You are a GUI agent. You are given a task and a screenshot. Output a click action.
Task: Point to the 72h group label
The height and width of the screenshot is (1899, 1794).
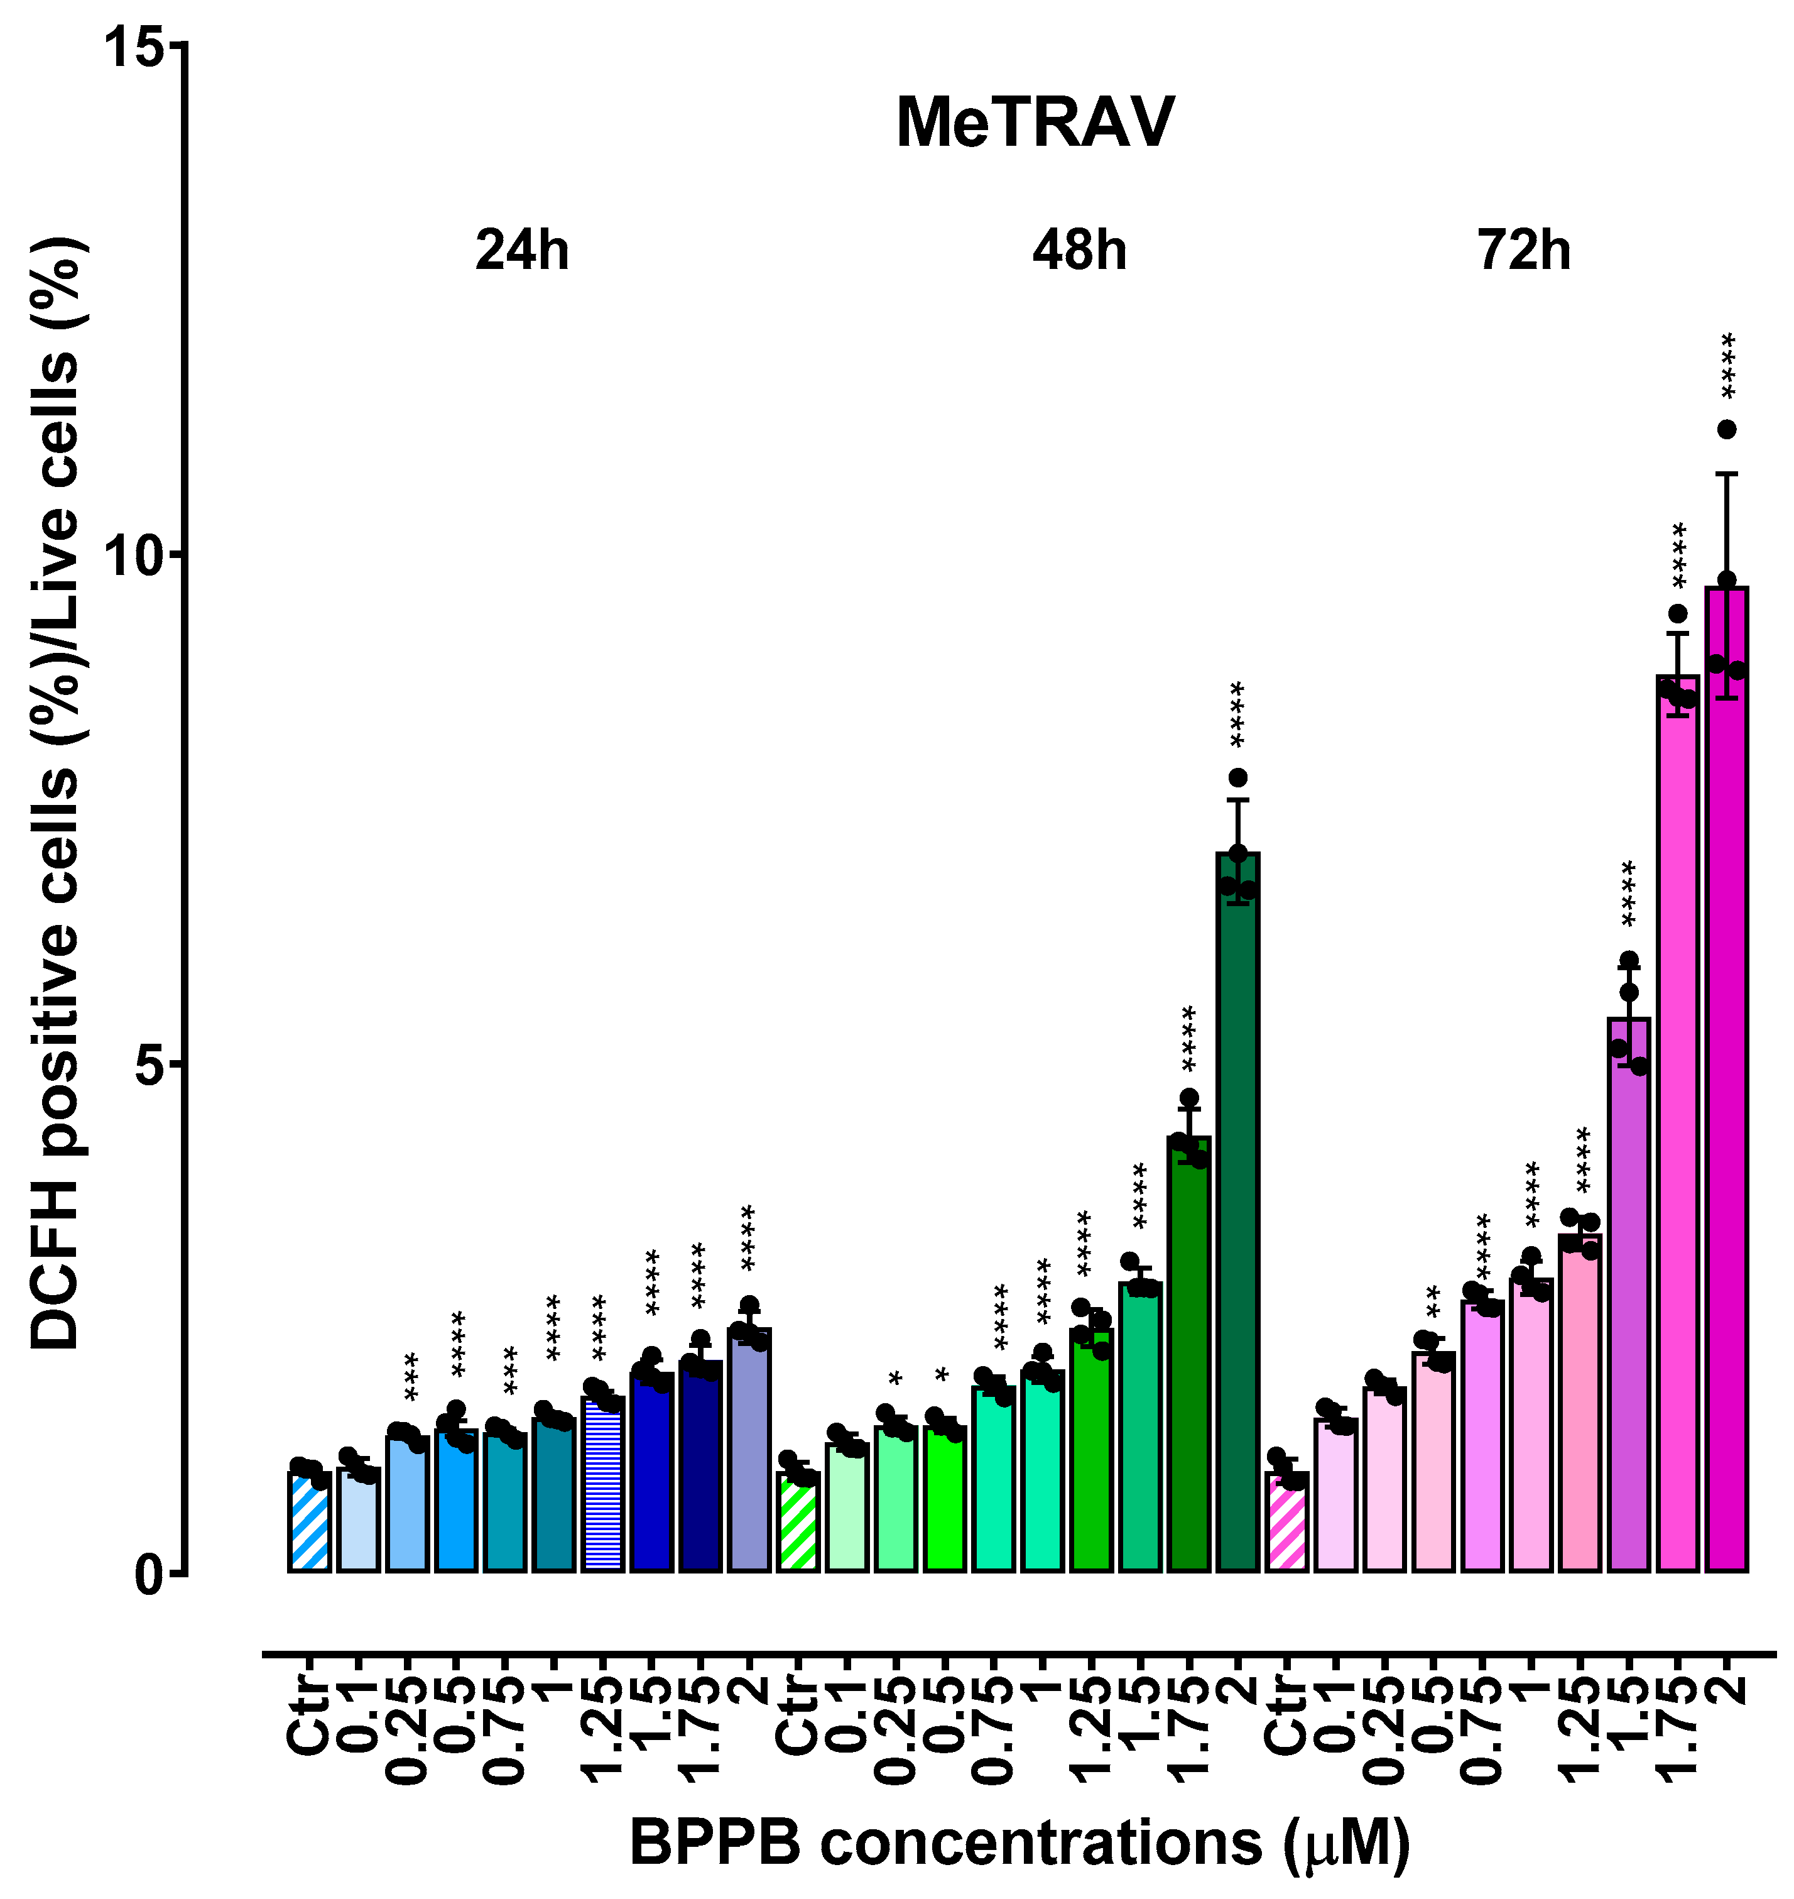[1525, 251]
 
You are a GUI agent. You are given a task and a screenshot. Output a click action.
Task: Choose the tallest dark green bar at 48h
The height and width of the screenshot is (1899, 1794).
[1237, 1215]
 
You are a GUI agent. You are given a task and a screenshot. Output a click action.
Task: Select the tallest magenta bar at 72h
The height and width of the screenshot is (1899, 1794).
[1726, 1081]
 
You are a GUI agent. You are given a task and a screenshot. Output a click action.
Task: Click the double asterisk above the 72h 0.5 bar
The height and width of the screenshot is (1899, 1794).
[1433, 1301]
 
